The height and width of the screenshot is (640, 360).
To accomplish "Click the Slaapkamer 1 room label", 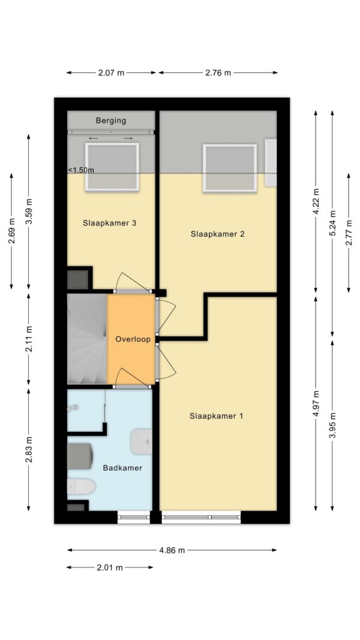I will pos(216,416).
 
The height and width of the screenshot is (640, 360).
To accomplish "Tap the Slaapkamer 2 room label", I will pos(217,234).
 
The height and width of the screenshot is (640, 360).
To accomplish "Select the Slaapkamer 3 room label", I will pos(110,223).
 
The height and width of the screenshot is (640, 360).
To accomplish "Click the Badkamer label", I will pos(122,468).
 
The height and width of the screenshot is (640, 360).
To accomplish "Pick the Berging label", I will pos(111,121).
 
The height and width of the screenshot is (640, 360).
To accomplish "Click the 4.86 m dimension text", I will pos(172,550).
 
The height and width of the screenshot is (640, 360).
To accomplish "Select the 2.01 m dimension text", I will pos(110,567).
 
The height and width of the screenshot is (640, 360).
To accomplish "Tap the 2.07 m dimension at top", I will pos(111,73).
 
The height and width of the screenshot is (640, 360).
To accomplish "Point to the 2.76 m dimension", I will pos(218,73).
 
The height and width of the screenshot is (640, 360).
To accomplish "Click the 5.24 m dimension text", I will pos(332,223).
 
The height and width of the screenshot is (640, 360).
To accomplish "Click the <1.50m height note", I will pos(81,170).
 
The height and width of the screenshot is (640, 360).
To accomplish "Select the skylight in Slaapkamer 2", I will pos(230,168).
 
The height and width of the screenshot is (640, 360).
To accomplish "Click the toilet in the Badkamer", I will pos(80,486).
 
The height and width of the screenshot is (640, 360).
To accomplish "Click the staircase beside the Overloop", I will pos(86,339).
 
